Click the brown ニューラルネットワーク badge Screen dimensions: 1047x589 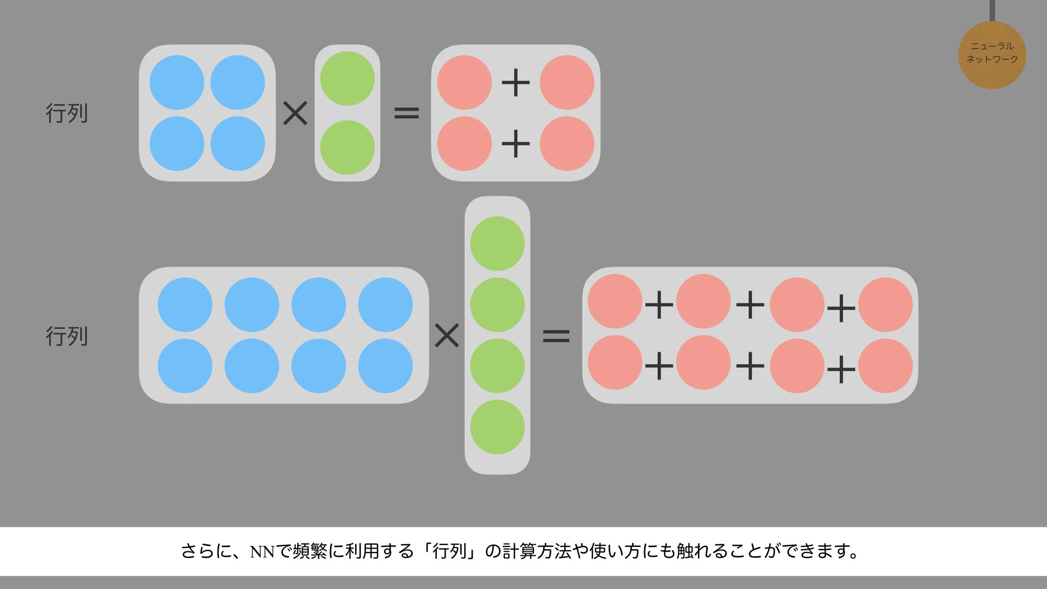coord(992,55)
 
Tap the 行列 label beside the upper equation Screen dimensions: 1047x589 coord(67,113)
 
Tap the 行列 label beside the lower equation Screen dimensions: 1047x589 coord(67,336)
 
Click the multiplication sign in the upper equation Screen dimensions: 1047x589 coord(295,113)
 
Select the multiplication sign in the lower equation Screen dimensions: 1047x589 coord(447,335)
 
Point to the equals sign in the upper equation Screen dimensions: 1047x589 coord(407,113)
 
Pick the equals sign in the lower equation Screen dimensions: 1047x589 coord(556,335)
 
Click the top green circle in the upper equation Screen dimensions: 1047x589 coord(347,79)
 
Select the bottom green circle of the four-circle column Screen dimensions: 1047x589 coord(497,427)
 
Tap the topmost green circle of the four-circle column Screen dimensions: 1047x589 coord(497,244)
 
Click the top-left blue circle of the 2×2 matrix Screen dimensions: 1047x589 coord(177,82)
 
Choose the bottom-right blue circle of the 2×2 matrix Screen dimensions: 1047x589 coord(238,143)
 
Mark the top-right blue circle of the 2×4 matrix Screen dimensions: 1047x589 coord(386,305)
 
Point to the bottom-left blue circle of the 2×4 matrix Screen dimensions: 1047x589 coord(185,366)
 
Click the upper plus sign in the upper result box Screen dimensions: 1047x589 coord(516,83)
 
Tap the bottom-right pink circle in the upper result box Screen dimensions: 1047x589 coord(567,143)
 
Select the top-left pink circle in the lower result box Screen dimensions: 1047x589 coord(615,301)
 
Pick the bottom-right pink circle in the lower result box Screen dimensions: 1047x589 coord(886,366)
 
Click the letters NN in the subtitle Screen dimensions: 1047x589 coord(262,552)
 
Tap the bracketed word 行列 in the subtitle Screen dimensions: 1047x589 coord(450,551)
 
